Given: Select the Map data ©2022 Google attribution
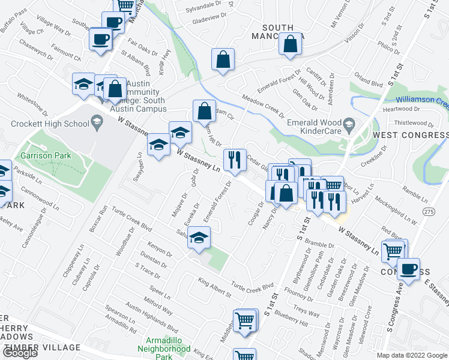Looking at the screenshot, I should [411, 355].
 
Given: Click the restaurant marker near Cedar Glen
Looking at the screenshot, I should [234, 160].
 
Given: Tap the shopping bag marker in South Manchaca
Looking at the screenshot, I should [291, 43].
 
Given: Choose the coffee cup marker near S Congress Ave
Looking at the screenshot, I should [408, 269].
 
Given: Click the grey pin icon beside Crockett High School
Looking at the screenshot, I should [95, 124].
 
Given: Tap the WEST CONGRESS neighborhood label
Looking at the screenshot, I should [411, 136].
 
